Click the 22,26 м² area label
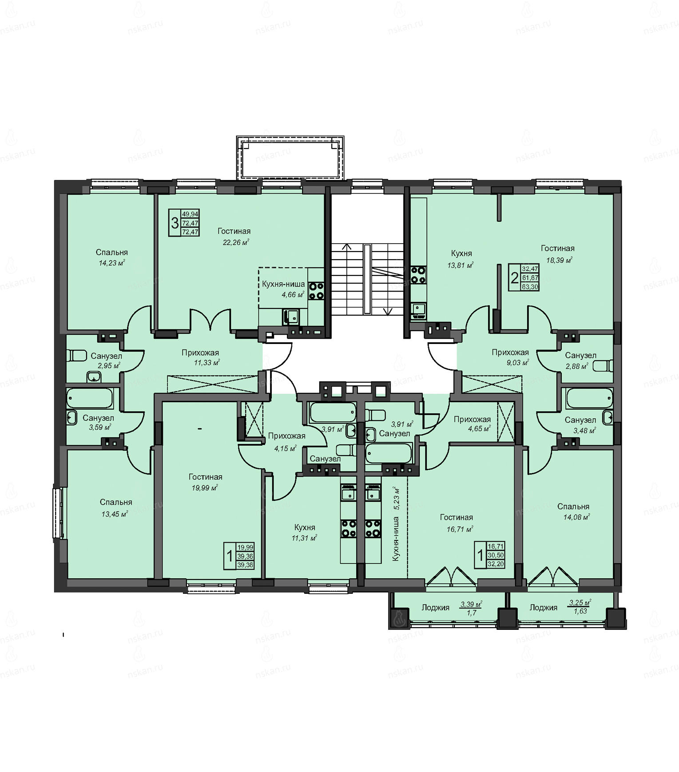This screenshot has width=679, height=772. coord(236,242)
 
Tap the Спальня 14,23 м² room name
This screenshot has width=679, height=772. coord(112,252)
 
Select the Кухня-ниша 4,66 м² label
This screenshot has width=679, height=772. coord(283,284)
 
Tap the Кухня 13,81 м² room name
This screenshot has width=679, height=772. coord(461,253)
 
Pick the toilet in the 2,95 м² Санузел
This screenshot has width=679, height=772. coord(77,356)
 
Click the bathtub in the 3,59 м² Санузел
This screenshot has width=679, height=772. coord(90,399)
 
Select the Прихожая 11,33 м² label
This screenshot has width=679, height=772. coord(200,353)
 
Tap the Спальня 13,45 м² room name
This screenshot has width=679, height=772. coord(116,502)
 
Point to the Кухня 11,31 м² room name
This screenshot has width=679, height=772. coord(305,528)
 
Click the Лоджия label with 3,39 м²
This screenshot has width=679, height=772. coord(436,608)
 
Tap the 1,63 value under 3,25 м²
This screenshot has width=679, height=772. coord(580,611)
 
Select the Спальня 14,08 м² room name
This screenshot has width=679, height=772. coord(573,507)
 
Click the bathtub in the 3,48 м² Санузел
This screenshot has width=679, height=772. coord(590,398)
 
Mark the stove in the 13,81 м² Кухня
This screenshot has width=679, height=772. coord(418,274)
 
